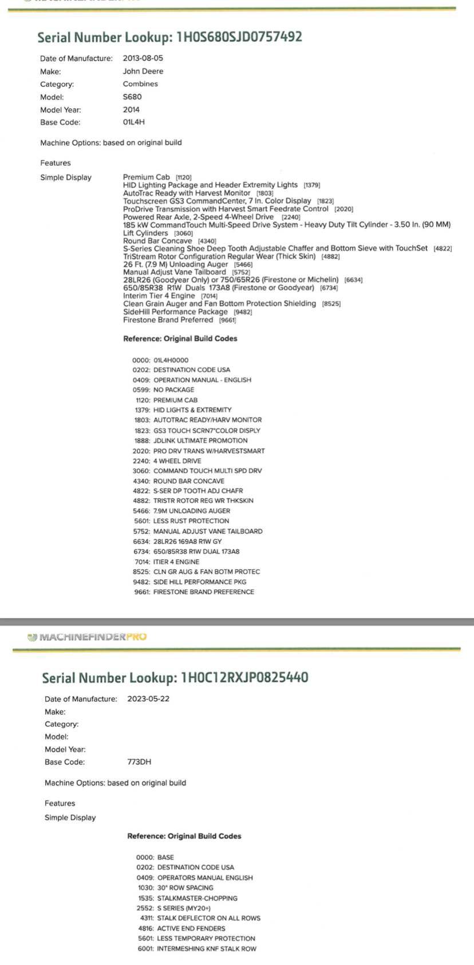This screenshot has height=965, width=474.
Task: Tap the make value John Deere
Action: click(x=143, y=72)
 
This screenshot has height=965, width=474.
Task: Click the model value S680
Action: click(x=132, y=97)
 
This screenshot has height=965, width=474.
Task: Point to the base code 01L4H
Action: click(x=133, y=122)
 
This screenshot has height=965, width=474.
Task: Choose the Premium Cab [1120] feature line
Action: click(x=157, y=177)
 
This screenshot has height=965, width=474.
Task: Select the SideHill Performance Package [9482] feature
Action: click(x=187, y=312)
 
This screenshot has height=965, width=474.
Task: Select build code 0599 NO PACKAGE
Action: click(x=163, y=390)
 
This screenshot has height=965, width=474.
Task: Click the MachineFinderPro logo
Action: click(x=87, y=637)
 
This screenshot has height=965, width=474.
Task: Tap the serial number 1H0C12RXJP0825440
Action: click(x=244, y=678)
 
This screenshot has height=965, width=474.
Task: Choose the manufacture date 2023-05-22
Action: click(x=148, y=699)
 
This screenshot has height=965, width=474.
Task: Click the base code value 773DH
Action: click(x=139, y=762)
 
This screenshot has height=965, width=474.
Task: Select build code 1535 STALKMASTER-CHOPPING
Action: click(x=187, y=898)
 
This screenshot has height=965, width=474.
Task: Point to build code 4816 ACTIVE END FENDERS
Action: click(x=181, y=928)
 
